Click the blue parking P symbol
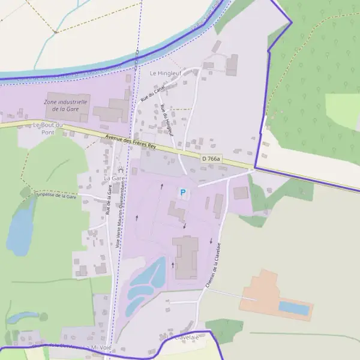coord(183,193)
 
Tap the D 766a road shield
coord(211,158)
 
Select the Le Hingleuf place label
coord(165,73)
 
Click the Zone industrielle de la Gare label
coord(66,106)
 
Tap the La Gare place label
coord(114,178)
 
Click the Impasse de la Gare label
coord(56,196)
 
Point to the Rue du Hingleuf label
coord(167,119)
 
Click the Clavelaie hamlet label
coord(185,338)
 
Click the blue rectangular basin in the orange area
coord(294,308)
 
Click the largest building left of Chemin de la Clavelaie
coord(186,257)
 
